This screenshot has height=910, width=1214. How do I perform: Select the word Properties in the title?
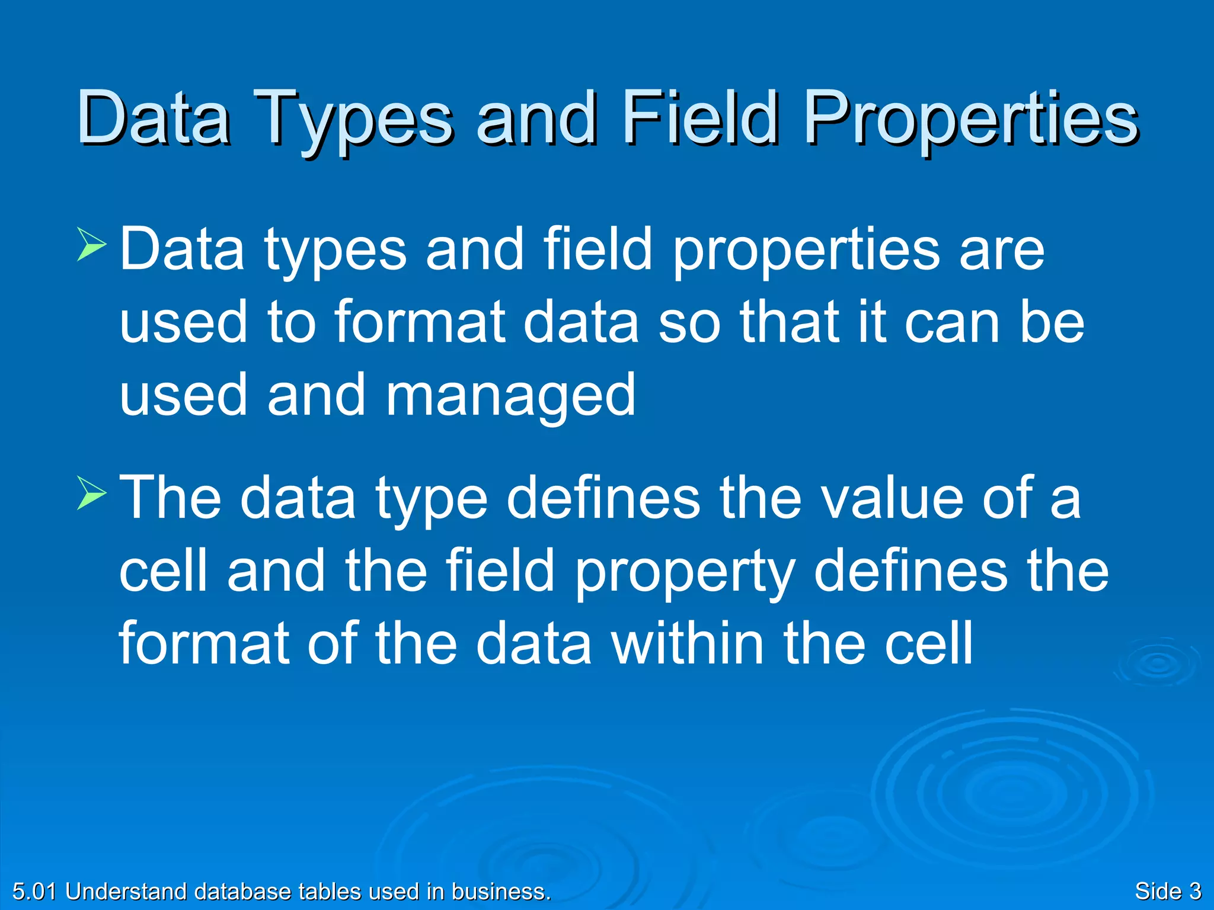[x=972, y=118]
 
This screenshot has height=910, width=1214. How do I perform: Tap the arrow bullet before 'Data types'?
[x=91, y=246]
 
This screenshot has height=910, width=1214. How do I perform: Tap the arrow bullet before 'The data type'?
[x=91, y=495]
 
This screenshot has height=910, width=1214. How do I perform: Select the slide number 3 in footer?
[x=1194, y=891]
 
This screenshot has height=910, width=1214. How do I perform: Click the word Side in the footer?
[x=1158, y=891]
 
